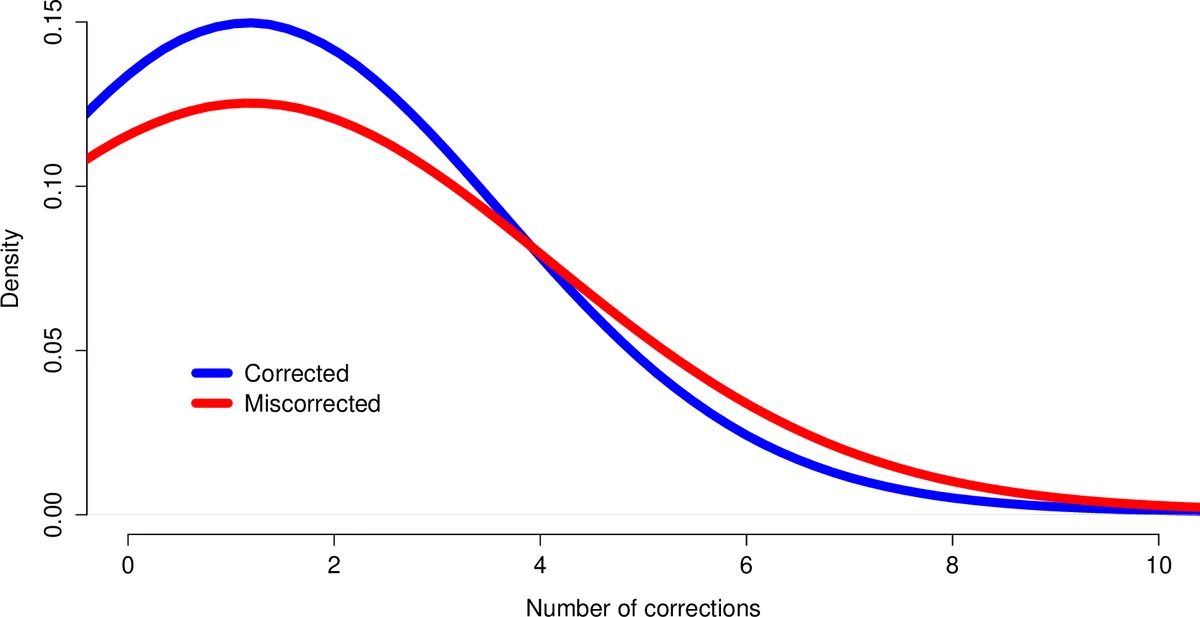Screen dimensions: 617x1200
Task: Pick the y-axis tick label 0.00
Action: pyautogui.click(x=55, y=514)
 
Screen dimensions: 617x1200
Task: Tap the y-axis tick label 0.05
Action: pyautogui.click(x=55, y=351)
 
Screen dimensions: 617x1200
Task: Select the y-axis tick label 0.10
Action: pyautogui.click(x=55, y=187)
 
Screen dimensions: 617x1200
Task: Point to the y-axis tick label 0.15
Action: pyautogui.click(x=55, y=23)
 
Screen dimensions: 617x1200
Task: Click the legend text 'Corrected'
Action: pyautogui.click(x=296, y=374)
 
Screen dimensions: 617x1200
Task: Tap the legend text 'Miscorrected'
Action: pyautogui.click(x=312, y=404)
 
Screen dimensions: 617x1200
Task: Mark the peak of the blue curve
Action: pyautogui.click(x=250, y=23)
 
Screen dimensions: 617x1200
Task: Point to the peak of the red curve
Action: pyautogui.click(x=250, y=103)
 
